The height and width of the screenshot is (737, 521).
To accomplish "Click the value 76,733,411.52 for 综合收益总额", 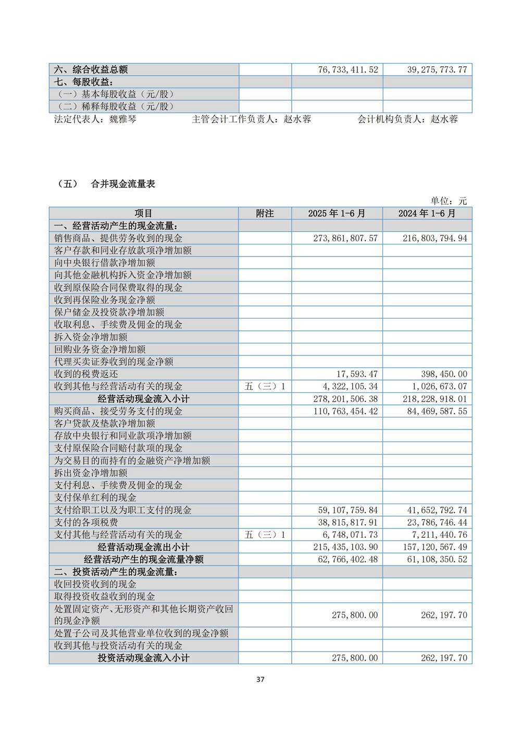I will point(348,69).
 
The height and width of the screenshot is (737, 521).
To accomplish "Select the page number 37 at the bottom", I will point(260,679).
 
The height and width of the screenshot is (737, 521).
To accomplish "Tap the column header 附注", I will point(265,213).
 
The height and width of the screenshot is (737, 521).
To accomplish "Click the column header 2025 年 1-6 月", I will point(337,213).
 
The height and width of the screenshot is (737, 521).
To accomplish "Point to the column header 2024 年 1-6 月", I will point(427,213).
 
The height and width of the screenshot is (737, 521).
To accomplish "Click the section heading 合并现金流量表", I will point(123,183).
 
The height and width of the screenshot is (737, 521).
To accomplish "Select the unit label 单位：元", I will point(449,201).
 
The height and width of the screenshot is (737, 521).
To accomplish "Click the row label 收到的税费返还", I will point(86,374).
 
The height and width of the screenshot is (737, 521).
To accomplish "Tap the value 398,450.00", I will point(444,374).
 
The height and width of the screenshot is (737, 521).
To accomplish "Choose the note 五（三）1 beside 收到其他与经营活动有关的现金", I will point(265,386).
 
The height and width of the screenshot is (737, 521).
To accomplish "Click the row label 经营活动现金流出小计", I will point(144,547).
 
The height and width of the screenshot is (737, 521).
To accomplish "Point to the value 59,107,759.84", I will point(348,510).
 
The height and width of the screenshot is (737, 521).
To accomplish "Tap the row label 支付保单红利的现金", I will point(95,498).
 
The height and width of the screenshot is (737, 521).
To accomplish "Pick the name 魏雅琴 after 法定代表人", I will point(123,119).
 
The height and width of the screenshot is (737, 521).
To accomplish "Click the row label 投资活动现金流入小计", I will point(144,658).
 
